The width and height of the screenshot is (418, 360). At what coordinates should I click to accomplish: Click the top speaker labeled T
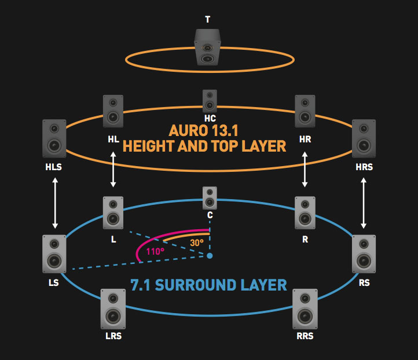(207, 49)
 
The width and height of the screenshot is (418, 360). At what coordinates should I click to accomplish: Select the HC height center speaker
(210, 101)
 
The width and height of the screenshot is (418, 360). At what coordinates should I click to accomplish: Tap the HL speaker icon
(113, 112)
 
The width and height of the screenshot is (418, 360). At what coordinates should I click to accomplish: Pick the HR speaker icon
(305, 112)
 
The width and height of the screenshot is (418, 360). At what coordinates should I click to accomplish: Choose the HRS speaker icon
(364, 138)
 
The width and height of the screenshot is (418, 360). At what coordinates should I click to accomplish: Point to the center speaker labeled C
(210, 198)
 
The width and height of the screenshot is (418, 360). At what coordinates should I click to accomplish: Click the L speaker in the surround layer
(113, 213)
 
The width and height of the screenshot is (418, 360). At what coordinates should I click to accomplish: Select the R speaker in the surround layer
(305, 213)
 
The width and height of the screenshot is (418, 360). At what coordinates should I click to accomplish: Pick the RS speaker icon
(364, 254)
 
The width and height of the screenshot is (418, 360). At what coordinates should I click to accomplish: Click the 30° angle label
(197, 243)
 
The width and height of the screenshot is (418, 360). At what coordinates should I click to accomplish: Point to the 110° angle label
(155, 252)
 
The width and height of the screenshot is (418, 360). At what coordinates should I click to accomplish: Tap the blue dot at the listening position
(210, 255)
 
